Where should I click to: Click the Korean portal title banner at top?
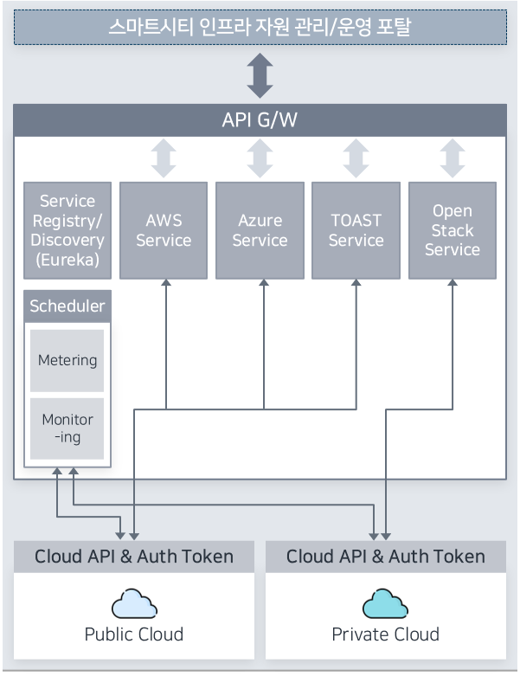click(260, 28)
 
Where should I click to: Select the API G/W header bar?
click(260, 119)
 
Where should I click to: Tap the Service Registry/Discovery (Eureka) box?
click(67, 230)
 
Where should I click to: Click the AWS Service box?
click(164, 230)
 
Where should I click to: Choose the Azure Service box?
click(260, 230)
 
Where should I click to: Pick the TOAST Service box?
click(356, 230)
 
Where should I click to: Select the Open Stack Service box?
click(452, 230)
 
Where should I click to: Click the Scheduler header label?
click(67, 306)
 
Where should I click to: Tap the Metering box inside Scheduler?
click(67, 360)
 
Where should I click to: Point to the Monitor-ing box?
click(67, 428)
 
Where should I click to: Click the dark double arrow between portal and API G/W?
click(260, 75)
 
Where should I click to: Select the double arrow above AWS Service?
click(164, 158)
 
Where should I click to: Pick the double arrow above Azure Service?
click(260, 158)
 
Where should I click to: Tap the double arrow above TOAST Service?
click(356, 158)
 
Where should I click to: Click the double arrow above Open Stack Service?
click(452, 158)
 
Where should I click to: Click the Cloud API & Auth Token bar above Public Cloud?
click(134, 556)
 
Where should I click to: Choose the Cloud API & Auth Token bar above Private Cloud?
click(386, 556)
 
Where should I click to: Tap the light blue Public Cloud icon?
click(134, 603)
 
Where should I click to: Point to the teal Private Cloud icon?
click(385, 603)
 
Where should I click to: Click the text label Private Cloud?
click(386, 634)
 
